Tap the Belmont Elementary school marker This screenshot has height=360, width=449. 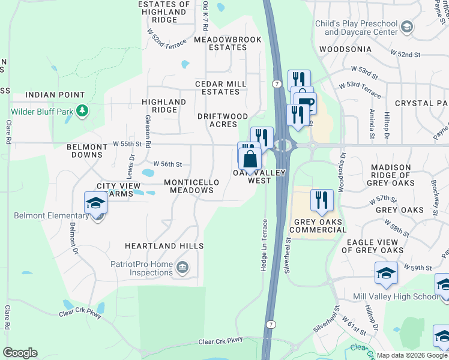[95, 204]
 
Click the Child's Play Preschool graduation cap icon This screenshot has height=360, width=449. [407, 26]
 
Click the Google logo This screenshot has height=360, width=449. [20, 353]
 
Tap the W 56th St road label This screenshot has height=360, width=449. [167, 164]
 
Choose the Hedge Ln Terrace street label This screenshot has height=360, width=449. [264, 245]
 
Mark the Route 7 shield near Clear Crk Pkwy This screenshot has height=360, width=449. [272, 325]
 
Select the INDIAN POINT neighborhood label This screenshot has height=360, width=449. [55, 95]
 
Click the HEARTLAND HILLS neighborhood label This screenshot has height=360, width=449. [164, 246]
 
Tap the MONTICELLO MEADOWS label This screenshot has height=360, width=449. [189, 185]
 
